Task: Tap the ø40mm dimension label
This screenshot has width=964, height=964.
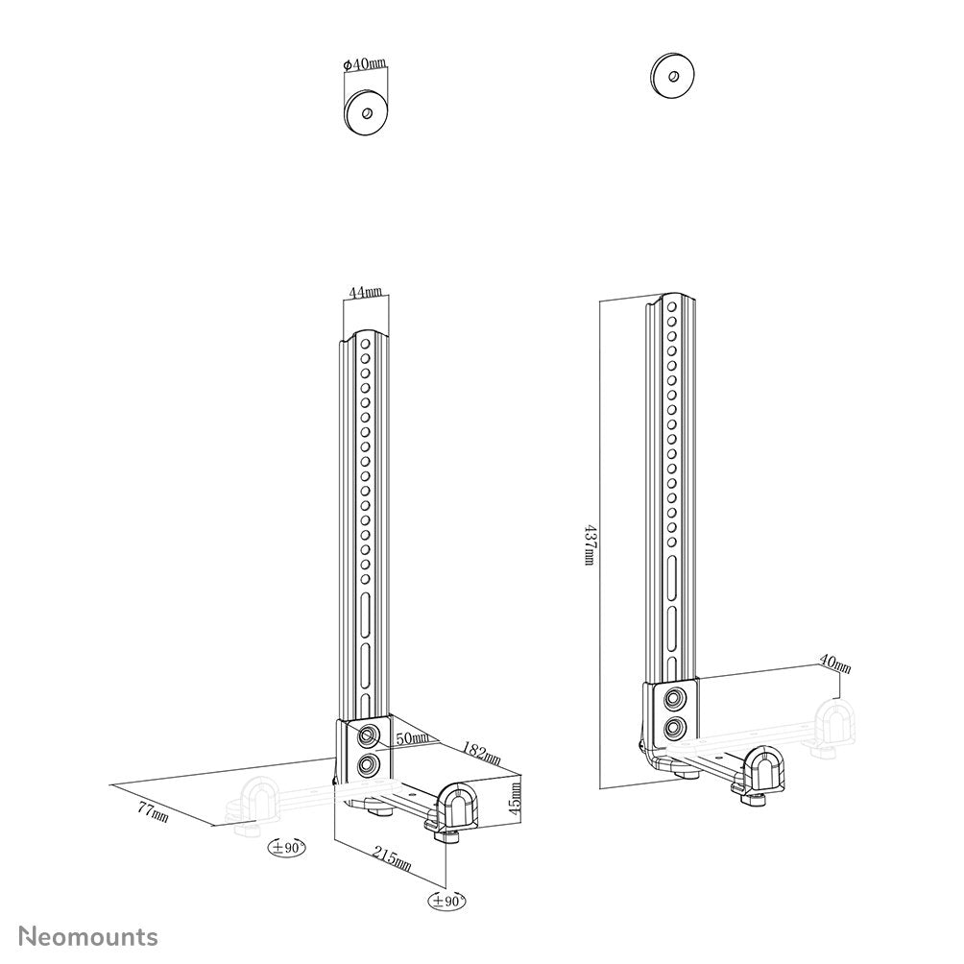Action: pos(365,65)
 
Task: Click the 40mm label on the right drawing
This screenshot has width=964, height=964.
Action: pos(833,663)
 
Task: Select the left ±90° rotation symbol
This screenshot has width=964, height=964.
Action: pos(286,847)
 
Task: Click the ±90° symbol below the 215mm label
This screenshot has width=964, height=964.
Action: pos(447,902)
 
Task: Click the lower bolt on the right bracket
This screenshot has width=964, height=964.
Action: pos(676,728)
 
